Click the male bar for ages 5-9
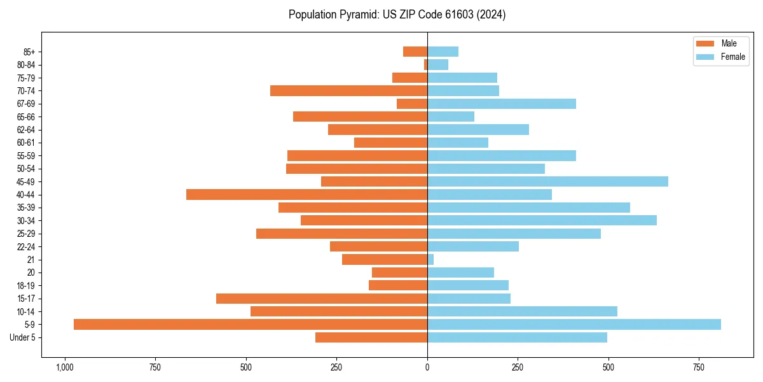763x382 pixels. pyautogui.click(x=250, y=325)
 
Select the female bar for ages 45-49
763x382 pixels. pyautogui.click(x=547, y=181)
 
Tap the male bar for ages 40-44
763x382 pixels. pyautogui.click(x=306, y=194)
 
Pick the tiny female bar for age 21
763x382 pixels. pyautogui.click(x=430, y=260)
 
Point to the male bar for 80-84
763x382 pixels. pyautogui.click(x=425, y=64)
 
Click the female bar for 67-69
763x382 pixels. pyautogui.click(x=501, y=104)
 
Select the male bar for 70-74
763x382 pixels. pyautogui.click(x=348, y=90)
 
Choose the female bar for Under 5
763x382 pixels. pyautogui.click(x=517, y=337)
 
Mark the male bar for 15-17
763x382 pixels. pyautogui.click(x=322, y=299)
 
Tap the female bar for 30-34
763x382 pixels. pyautogui.click(x=542, y=220)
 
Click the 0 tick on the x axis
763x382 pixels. pyautogui.click(x=427, y=367)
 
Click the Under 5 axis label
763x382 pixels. pyautogui.click(x=22, y=337)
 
